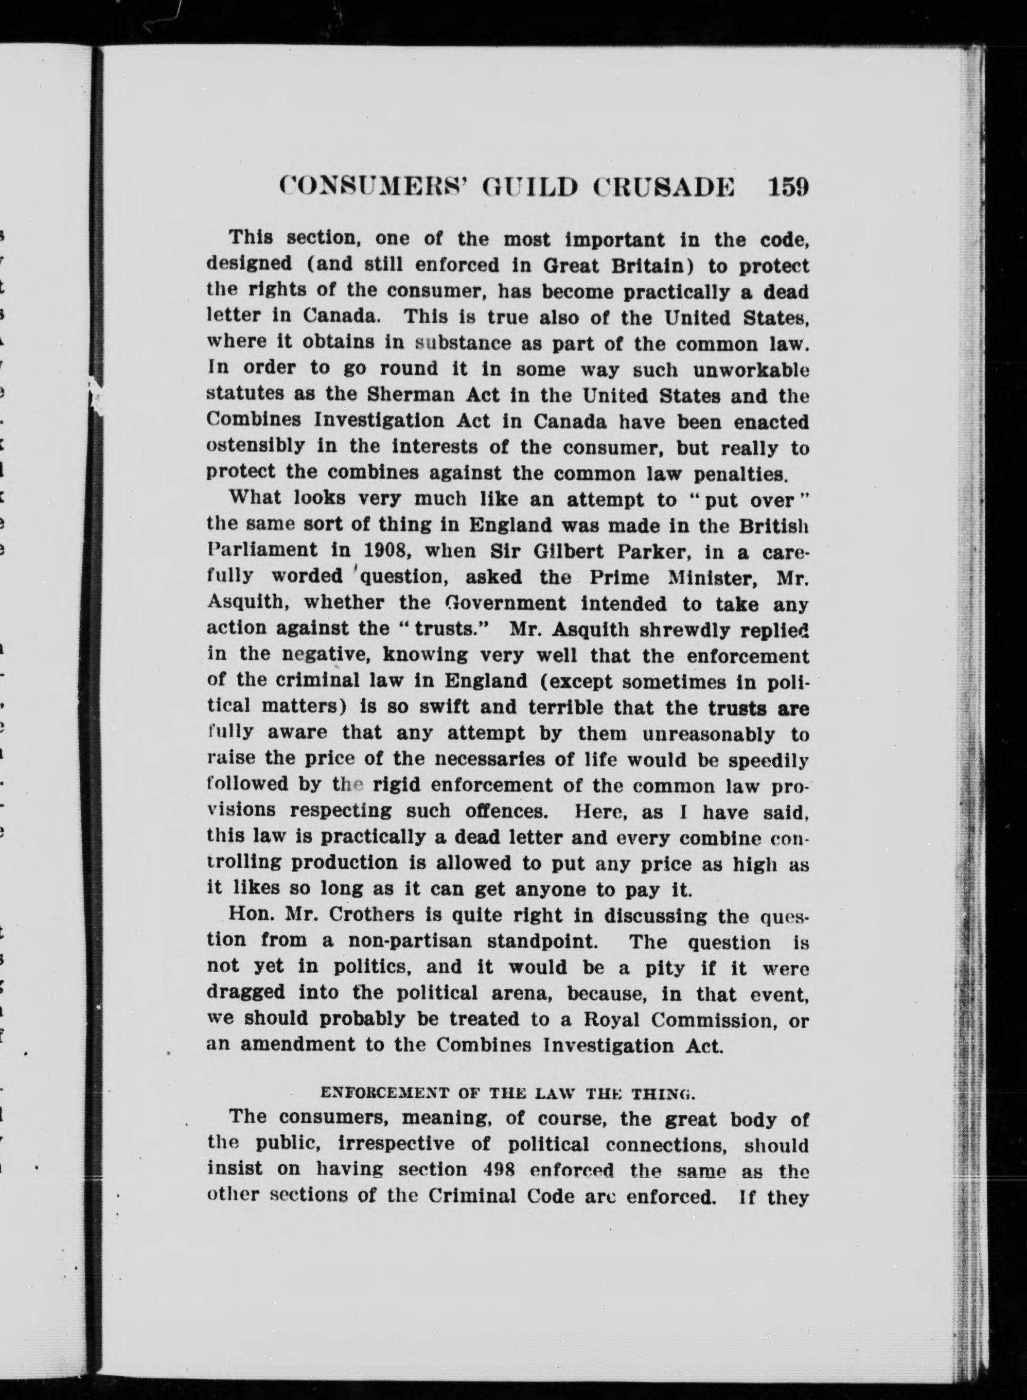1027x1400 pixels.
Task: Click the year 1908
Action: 346,551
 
